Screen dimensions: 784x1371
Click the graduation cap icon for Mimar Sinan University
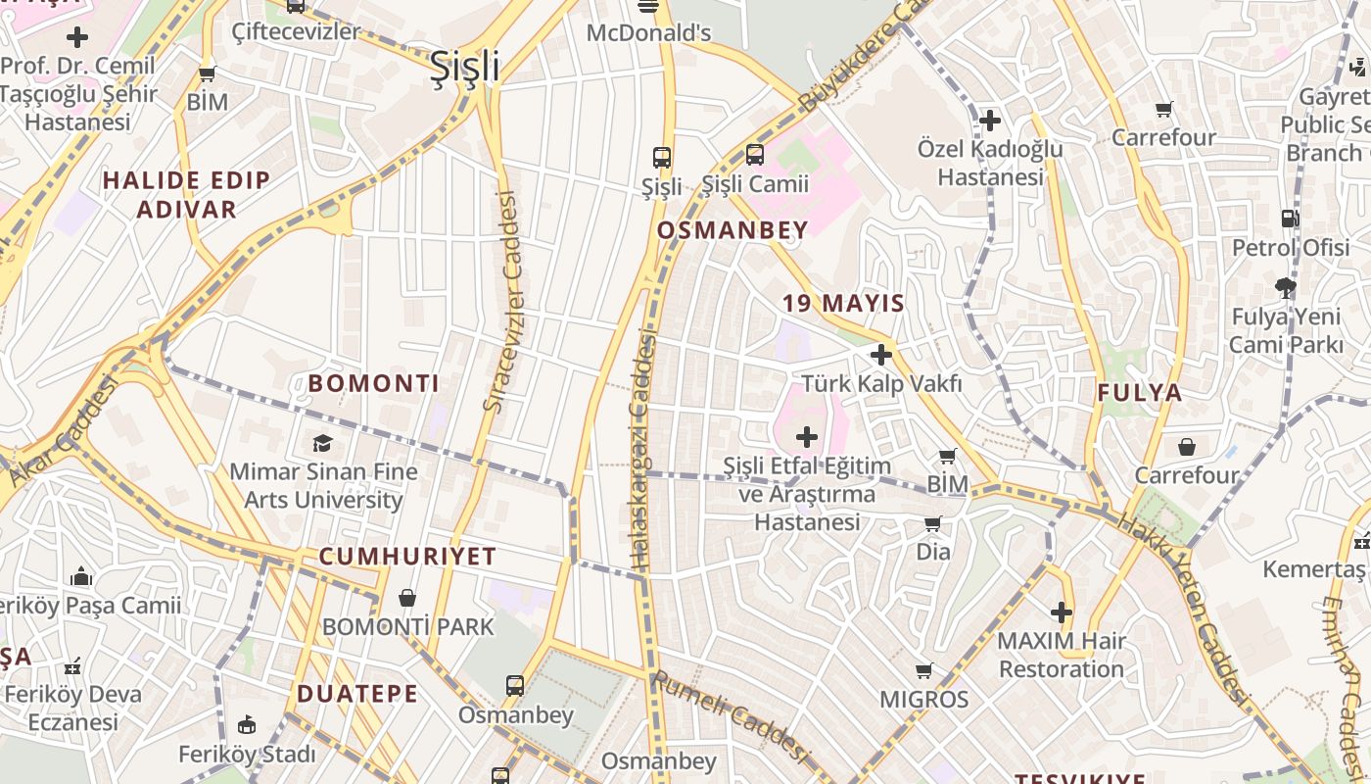click(x=322, y=443)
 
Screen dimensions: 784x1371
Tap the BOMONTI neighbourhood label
click(x=374, y=383)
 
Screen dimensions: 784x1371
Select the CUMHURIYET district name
click(x=407, y=557)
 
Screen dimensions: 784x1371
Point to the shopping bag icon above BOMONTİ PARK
click(x=407, y=597)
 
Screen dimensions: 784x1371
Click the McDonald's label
click(x=648, y=33)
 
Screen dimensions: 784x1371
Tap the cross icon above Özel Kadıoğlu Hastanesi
click(x=990, y=121)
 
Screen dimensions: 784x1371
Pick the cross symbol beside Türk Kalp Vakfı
click(x=881, y=355)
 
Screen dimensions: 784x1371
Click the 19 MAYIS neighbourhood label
click(x=843, y=303)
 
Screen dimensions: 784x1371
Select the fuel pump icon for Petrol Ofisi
click(x=1290, y=219)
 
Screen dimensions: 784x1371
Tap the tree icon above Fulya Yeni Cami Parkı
click(x=1286, y=288)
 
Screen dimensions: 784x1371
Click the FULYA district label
click(x=1140, y=393)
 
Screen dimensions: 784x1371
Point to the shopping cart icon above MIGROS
click(x=923, y=671)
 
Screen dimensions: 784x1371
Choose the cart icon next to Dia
click(x=932, y=523)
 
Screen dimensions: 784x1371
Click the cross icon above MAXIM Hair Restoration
click(x=1062, y=613)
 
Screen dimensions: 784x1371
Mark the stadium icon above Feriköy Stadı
click(x=247, y=726)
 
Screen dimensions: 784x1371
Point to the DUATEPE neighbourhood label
click(x=357, y=694)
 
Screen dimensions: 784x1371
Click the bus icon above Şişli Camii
click(x=754, y=155)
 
